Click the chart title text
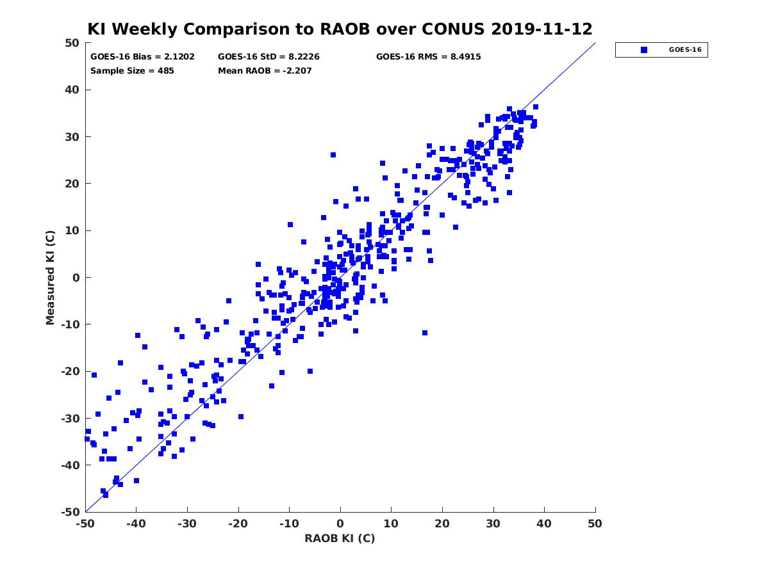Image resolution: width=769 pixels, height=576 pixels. (x=340, y=29)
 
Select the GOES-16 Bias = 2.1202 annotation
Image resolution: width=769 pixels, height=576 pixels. (x=142, y=57)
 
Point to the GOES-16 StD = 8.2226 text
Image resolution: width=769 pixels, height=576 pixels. (x=269, y=57)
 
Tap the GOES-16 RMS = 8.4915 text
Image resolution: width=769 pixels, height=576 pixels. (x=428, y=57)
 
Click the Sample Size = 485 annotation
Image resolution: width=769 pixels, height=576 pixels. (x=132, y=71)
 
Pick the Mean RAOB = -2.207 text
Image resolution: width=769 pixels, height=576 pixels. (x=265, y=71)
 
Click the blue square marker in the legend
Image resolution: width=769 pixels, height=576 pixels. (x=643, y=50)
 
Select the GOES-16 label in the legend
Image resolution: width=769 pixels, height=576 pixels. (x=685, y=50)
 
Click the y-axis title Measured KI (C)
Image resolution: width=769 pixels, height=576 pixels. (x=50, y=277)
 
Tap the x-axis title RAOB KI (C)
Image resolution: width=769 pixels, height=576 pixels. (x=340, y=538)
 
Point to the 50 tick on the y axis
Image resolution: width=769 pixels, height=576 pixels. (x=72, y=43)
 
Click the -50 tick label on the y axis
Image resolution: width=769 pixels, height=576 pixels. (x=70, y=513)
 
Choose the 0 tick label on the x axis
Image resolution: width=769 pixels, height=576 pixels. (x=340, y=524)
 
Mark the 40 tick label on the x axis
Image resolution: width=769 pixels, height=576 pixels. (x=544, y=524)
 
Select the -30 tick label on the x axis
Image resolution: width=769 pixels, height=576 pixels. (x=187, y=524)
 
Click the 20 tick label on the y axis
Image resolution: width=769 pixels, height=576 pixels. (x=72, y=184)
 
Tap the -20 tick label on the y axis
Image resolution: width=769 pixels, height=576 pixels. (x=70, y=371)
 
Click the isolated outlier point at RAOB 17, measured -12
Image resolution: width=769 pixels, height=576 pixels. (x=425, y=333)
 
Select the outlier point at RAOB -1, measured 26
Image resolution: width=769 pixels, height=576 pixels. (x=333, y=155)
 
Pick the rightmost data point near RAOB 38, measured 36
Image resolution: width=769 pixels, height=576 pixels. (x=535, y=107)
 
